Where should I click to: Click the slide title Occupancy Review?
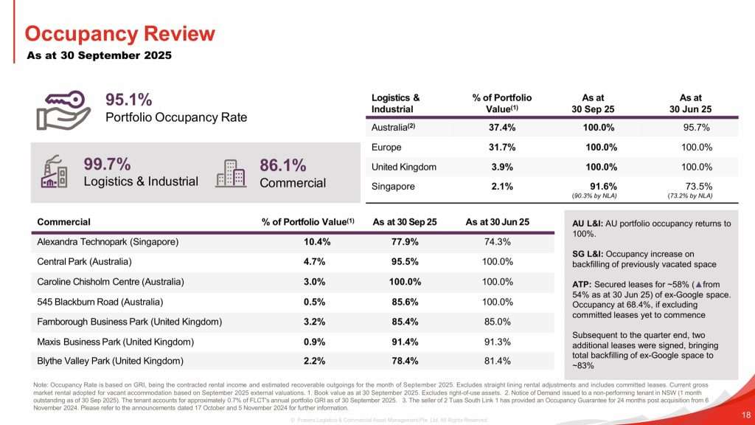[119, 34]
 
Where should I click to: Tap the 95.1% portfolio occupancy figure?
[128, 100]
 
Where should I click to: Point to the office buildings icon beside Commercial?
[230, 173]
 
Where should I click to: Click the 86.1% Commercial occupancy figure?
[283, 164]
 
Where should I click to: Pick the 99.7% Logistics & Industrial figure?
[107, 164]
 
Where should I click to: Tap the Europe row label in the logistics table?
[386, 148]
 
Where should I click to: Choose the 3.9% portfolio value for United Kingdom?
[501, 167]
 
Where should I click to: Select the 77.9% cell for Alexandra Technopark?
[404, 241]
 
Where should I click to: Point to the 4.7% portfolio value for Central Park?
[316, 261]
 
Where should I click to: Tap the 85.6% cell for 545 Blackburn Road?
[404, 301]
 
